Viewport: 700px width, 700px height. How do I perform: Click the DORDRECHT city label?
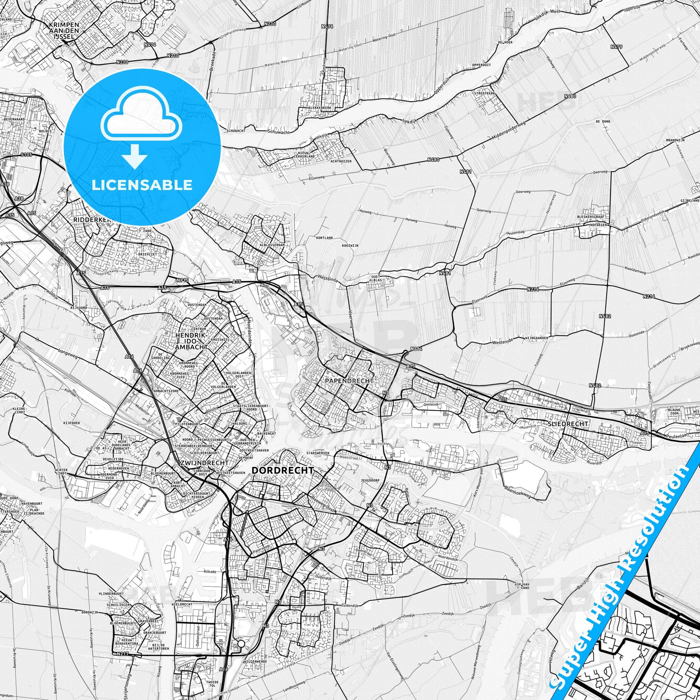click(282, 470)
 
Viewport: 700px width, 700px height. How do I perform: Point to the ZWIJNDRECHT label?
click(204, 463)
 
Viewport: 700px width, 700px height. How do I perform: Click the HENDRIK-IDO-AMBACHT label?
click(191, 341)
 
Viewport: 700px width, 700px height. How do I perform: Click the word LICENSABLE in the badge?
click(142, 185)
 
